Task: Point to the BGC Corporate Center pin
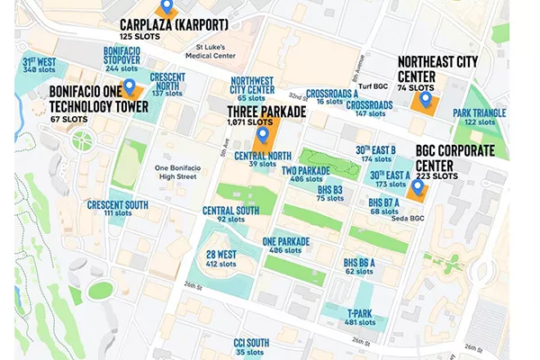pos(418,188)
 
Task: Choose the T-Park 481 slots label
pos(360,317)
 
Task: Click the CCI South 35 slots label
pos(251,346)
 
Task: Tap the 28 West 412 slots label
pos(221,259)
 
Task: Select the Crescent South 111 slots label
pos(118,209)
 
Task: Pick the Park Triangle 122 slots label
pos(479,117)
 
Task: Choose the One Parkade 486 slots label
pos(286,246)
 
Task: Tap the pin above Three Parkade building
pos(262,136)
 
